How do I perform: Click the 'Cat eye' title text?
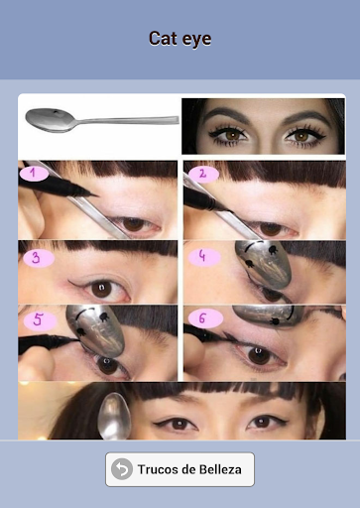tap(180, 39)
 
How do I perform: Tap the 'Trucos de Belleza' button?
tap(180, 469)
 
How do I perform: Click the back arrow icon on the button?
tap(122, 469)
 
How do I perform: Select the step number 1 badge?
tap(34, 174)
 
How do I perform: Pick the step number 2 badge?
tap(203, 174)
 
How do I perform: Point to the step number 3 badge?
tap(39, 258)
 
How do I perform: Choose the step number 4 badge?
tap(204, 257)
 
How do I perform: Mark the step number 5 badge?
tap(40, 320)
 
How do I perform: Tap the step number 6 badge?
tap(205, 319)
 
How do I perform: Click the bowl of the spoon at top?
tap(50, 120)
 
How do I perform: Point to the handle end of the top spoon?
tap(176, 120)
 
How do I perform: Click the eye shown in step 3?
tap(103, 289)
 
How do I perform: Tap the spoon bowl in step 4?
tap(264, 264)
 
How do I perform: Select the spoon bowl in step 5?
tap(95, 330)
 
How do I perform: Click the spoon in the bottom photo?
tap(114, 416)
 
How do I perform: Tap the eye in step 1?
tap(135, 224)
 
